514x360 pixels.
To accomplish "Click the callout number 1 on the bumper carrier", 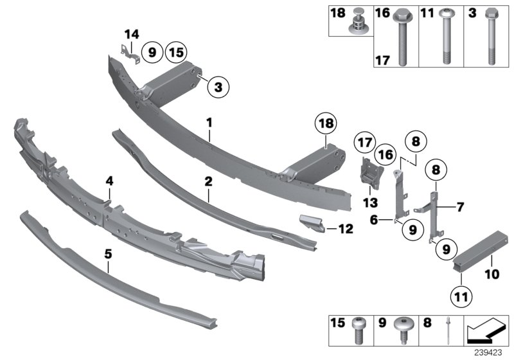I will [209, 122].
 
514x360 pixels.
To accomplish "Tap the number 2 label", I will [208, 182].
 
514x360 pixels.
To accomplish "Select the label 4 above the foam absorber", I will [109, 182].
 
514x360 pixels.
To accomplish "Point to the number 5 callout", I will [109, 255].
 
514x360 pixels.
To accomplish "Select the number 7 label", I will [459, 207].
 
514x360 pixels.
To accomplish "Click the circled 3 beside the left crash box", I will [218, 88].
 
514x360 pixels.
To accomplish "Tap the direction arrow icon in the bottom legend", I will [483, 333].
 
